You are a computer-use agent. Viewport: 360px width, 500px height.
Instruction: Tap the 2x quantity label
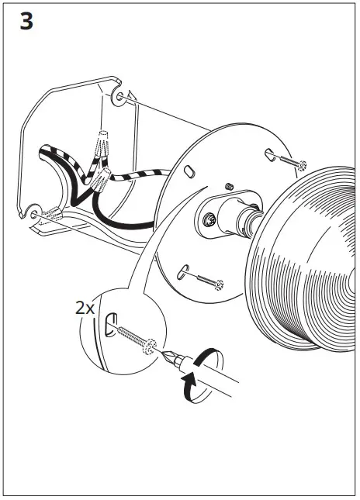point(85,308)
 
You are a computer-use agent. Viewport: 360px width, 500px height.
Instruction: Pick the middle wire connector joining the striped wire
point(100,181)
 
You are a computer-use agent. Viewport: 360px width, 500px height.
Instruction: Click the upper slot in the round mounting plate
point(269,154)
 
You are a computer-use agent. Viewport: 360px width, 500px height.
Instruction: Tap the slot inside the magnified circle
point(110,323)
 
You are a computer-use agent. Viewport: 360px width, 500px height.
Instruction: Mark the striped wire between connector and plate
point(144,177)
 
